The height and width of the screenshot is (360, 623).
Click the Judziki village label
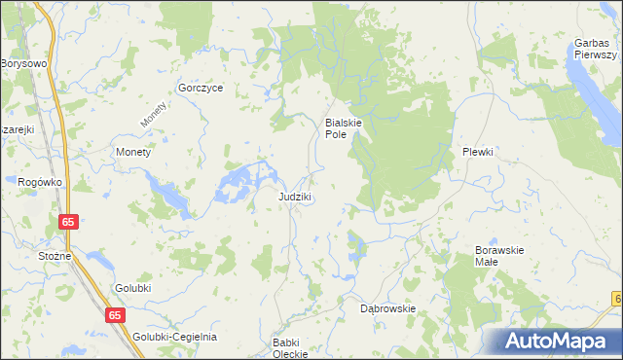[294, 197]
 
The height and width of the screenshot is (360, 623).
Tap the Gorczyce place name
[201, 88]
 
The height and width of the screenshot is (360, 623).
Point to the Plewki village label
[478, 152]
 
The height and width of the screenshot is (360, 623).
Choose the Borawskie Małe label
[499, 256]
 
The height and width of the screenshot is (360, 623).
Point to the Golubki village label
[133, 289]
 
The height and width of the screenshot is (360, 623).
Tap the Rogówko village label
[40, 181]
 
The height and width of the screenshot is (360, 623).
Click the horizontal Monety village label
[133, 153]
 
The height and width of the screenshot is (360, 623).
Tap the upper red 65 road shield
[67, 223]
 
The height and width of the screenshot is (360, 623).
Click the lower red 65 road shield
[116, 315]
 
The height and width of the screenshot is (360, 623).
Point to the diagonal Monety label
[154, 115]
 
